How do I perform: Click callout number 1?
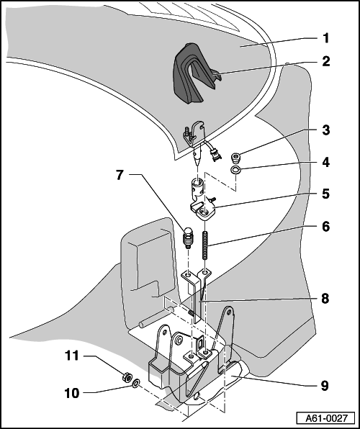coord(325,38)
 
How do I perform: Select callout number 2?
coord(325,61)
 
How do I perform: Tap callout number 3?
coord(325,130)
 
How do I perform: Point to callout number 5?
coord(325,194)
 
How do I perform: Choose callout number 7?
coord(120,175)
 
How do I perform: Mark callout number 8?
coord(325,299)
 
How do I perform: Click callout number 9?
coord(325,386)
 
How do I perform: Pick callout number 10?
coord(72,393)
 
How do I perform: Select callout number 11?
coord(72,356)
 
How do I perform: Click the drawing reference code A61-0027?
coord(326,418)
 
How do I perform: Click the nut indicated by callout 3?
coord(235,158)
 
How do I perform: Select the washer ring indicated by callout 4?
coord(235,170)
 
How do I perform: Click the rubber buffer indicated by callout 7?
coord(188,238)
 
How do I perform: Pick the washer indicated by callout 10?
coord(136,384)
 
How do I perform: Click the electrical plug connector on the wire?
coord(215,155)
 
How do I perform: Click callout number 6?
coord(325,227)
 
